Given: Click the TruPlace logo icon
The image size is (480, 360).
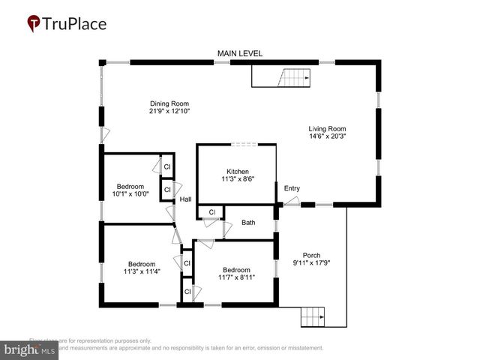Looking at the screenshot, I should click(x=34, y=24).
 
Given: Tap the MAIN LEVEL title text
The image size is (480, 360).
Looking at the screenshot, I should click(x=240, y=53).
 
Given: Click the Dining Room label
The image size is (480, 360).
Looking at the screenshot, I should click(x=169, y=103).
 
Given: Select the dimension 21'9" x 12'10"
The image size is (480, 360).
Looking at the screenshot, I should click(x=169, y=112).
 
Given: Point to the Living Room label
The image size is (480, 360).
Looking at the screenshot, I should click(x=327, y=128).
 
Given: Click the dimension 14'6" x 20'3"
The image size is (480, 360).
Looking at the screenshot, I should click(x=327, y=136).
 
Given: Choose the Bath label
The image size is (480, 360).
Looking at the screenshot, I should click(x=248, y=222).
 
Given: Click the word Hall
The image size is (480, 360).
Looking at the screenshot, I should click(x=185, y=199).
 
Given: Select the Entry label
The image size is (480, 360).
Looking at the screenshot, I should click(x=292, y=187).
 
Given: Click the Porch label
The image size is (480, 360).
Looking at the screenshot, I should click(x=311, y=255).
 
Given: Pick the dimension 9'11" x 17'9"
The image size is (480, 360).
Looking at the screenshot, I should click(x=311, y=263).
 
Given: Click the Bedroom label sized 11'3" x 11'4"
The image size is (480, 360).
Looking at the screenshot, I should click(x=142, y=263).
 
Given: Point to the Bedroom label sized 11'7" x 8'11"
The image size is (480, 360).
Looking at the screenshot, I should click(x=236, y=269).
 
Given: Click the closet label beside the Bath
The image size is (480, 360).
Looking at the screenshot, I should click(x=212, y=212).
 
